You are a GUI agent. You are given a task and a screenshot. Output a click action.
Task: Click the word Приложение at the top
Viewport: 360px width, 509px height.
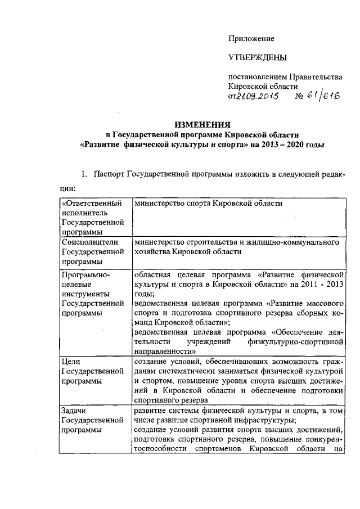point(251,39)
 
